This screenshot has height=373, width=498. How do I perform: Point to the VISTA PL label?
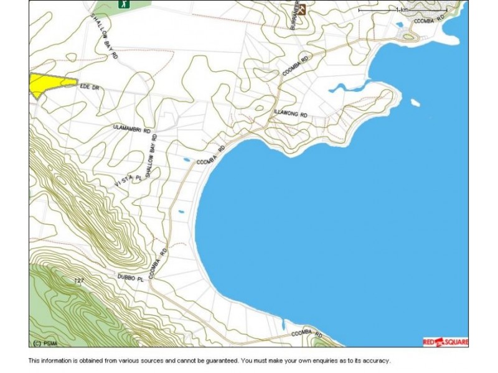coord(129,180)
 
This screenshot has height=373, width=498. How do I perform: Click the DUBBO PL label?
coord(130,279)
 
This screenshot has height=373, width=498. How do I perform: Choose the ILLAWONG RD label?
coord(291,113)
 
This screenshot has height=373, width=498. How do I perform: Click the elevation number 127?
coord(79,281)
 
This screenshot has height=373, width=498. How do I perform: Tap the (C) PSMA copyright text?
coord(44,343)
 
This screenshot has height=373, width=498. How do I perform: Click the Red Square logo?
coord(444,341)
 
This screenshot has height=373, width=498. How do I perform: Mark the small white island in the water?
coord(415,103)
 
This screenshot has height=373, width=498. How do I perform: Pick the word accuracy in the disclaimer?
coord(374,361)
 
